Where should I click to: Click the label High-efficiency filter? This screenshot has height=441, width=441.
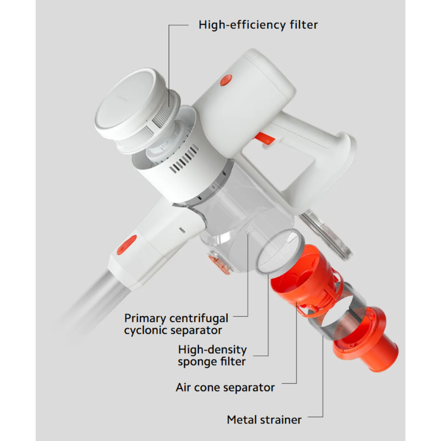click(258, 25)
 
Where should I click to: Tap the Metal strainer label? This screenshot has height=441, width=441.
click(264, 420)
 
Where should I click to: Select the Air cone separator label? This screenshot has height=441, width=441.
click(225, 388)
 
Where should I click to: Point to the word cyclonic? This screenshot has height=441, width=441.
click(148, 330)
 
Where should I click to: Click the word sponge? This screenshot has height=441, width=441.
click(198, 362)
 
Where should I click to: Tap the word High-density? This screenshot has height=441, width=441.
click(213, 350)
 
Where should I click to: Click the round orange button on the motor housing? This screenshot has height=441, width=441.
click(226, 80)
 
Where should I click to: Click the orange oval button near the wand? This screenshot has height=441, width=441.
click(127, 245)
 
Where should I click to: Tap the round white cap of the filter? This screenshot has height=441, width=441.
click(129, 104)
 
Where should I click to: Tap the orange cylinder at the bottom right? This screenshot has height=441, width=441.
click(366, 340)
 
